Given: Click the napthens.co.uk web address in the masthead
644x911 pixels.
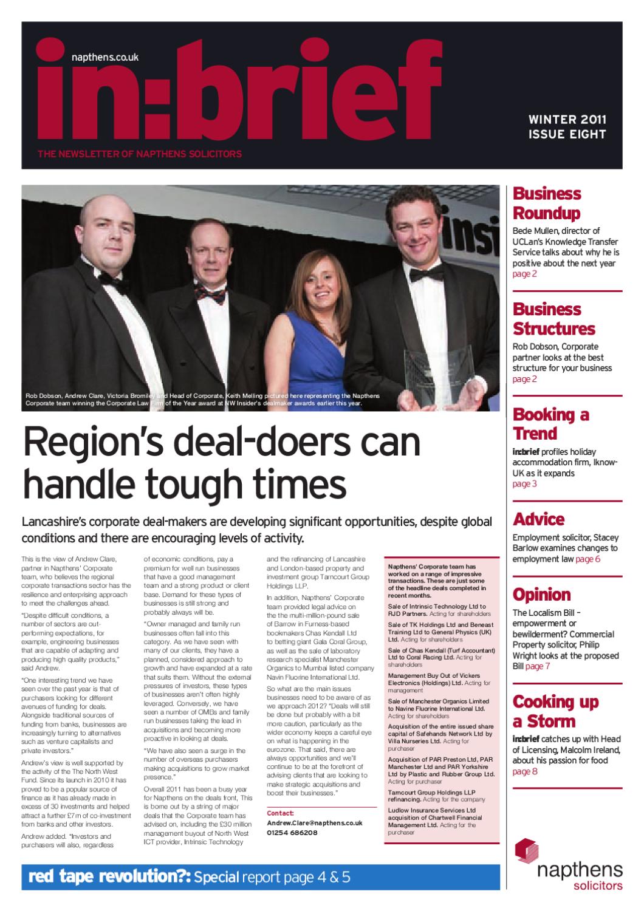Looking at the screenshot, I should (105, 57).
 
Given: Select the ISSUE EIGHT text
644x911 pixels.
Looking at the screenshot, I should (567, 134).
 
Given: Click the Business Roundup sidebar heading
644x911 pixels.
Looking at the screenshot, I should (547, 203).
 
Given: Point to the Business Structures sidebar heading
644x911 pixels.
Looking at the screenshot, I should (554, 318).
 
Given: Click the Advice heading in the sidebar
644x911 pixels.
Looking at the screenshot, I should (538, 519).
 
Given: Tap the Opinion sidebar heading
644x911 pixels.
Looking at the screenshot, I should (542, 594).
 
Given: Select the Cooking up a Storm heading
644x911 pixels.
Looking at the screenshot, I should (555, 711).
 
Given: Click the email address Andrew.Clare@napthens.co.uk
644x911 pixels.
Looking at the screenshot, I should (315, 822).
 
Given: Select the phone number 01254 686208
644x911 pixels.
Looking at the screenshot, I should (292, 833).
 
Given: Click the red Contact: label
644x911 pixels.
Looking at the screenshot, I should (280, 813).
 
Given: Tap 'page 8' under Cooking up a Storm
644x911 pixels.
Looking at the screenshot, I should (525, 772).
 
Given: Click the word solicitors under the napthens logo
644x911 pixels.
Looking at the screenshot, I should (598, 885).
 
